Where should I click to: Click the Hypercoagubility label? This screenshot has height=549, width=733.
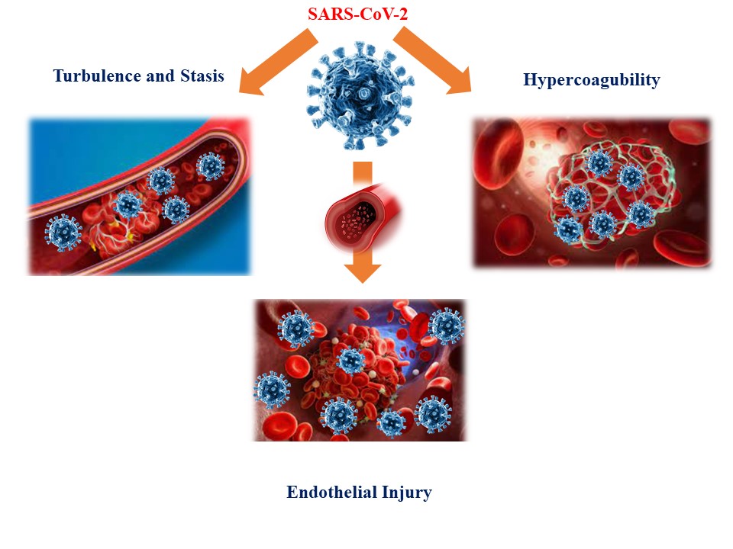click(591, 80)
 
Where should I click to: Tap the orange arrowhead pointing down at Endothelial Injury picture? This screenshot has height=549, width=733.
click(363, 270)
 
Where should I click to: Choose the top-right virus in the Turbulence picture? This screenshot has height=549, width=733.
click(210, 165)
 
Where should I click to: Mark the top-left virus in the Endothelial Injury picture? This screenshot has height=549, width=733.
click(295, 329)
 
